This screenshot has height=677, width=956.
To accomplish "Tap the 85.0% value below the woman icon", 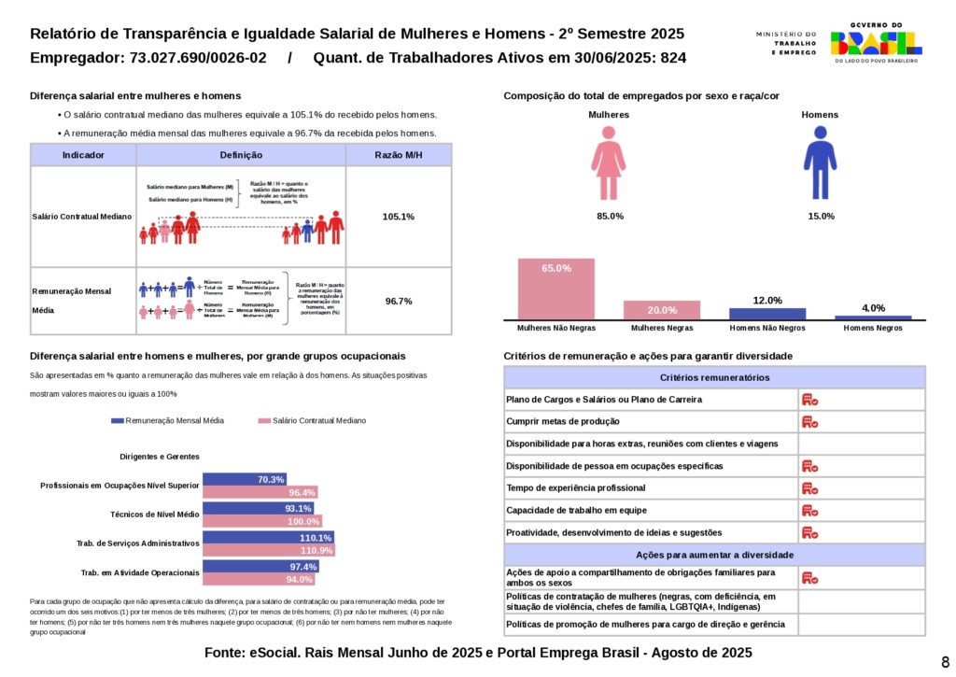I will tap(610, 216).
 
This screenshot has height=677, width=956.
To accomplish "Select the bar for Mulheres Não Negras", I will tap(556, 289).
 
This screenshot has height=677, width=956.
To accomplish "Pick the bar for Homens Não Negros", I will tap(766, 314).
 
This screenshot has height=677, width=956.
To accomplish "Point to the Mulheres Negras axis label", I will tap(662, 328).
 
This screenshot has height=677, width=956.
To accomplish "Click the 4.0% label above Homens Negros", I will tap(873, 308).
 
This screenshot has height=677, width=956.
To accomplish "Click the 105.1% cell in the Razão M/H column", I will tap(399, 217).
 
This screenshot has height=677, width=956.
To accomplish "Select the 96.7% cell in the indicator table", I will tap(399, 301).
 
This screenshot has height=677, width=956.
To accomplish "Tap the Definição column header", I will tap(241, 155).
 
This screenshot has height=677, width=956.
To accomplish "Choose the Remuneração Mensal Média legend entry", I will tap(168, 420).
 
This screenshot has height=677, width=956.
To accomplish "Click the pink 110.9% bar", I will tap(269, 551).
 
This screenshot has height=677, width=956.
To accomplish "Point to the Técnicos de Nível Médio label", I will tap(155, 515).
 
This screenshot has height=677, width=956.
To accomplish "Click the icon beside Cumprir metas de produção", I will tap(809, 421).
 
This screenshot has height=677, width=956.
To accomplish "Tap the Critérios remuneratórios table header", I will tap(714, 377).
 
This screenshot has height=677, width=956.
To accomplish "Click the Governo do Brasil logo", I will tap(875, 42).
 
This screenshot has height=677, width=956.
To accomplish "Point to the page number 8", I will tap(945, 661).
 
